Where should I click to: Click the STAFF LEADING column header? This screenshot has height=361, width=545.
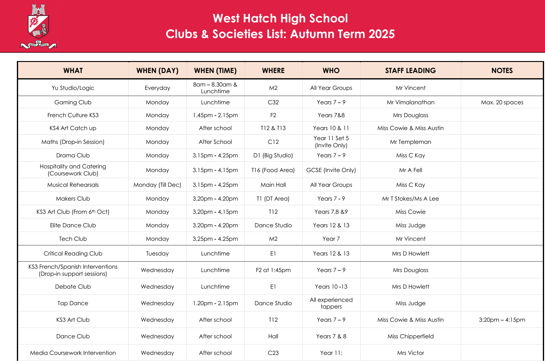(410, 71)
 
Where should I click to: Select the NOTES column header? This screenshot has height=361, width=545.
(502, 71)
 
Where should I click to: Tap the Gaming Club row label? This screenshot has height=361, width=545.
(73, 102)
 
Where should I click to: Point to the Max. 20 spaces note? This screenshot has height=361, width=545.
(502, 102)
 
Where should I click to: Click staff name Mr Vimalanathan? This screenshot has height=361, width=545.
(410, 102)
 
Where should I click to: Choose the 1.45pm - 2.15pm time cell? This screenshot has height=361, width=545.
(215, 115)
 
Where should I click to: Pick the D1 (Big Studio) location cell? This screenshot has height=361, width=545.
(273, 156)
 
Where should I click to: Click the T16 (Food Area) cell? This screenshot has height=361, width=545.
(273, 170)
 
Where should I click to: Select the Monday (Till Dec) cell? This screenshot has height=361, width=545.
(157, 185)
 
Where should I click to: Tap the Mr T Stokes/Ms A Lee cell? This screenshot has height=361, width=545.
(410, 199)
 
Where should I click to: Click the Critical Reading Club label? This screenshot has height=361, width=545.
(73, 254)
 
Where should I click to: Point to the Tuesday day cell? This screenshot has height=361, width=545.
(157, 254)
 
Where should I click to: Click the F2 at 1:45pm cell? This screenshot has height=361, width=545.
(273, 270)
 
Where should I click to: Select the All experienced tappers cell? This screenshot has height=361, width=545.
(331, 303)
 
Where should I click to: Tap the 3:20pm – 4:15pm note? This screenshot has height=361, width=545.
(502, 320)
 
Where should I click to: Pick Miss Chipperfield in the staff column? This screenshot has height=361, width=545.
(410, 336)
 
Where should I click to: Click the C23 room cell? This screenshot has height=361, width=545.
(273, 353)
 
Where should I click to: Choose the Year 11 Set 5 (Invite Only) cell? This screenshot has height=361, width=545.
(331, 142)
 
